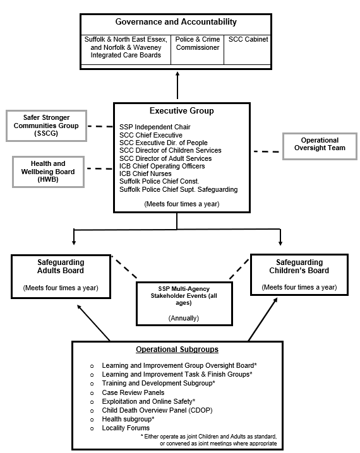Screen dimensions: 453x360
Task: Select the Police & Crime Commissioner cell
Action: point(197,43)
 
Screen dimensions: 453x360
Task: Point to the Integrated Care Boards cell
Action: point(126,47)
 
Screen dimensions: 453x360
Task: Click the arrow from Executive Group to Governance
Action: point(177,85)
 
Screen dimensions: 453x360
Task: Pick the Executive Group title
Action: point(181,111)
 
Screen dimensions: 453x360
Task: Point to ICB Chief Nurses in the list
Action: point(145,174)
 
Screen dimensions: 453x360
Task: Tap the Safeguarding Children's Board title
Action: point(299,266)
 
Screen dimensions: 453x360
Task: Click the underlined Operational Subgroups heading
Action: point(177,349)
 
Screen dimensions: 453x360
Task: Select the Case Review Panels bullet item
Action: point(133,392)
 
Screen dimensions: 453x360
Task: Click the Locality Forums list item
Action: point(126,428)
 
